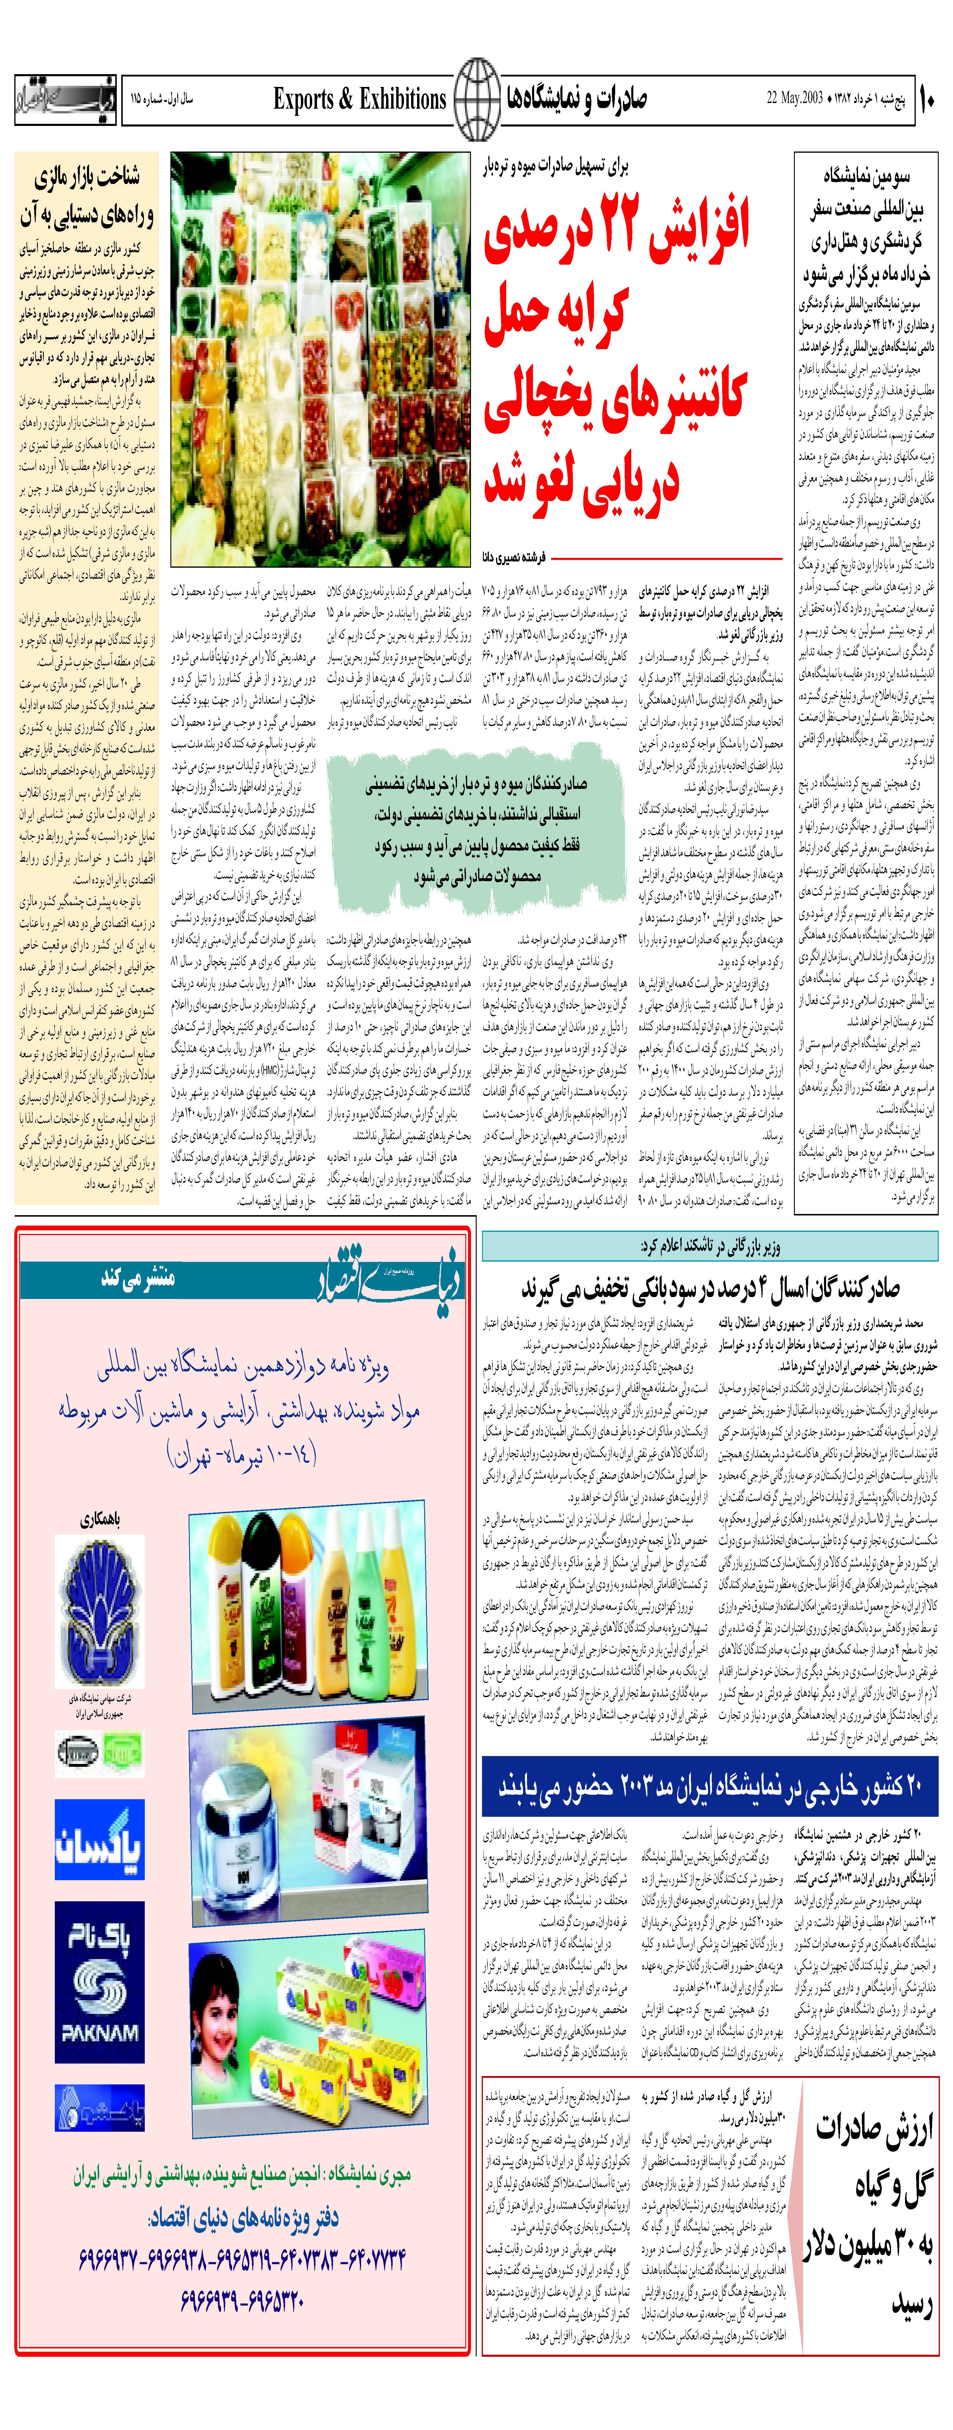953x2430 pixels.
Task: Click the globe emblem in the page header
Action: click(x=477, y=98)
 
